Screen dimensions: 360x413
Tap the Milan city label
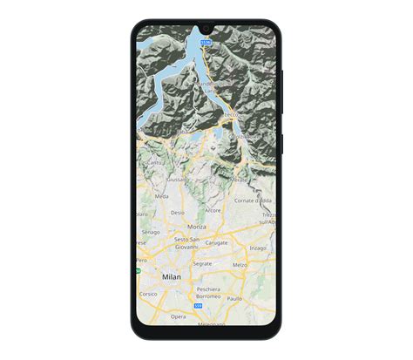tap(172, 276)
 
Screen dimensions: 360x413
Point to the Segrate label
tap(202, 262)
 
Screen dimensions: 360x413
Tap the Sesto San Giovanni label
tap(187, 242)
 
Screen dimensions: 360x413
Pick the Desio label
tap(177, 212)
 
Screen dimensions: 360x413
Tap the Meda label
tap(162, 197)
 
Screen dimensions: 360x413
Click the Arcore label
tap(213, 210)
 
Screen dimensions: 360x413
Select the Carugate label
tap(216, 242)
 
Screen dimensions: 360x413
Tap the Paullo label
tap(234, 298)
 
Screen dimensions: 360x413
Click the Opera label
tap(178, 316)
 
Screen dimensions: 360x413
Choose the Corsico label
tap(148, 294)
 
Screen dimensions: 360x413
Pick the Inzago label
tap(258, 248)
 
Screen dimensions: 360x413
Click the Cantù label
tap(155, 162)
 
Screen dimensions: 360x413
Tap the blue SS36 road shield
tap(206, 41)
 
